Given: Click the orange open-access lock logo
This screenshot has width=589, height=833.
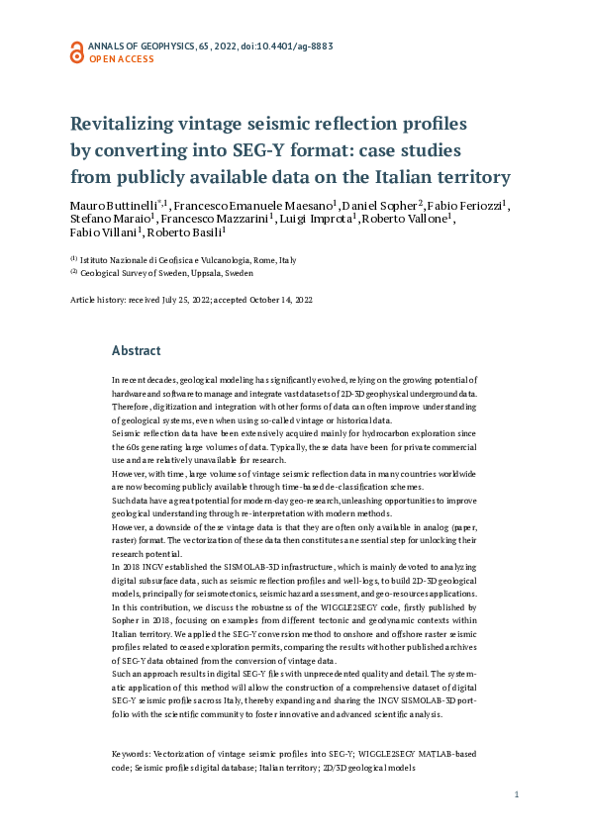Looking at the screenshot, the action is point(76,51).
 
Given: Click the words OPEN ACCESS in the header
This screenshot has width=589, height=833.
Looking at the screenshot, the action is point(122,59).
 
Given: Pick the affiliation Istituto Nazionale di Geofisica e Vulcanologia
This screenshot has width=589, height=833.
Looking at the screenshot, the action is point(174,260).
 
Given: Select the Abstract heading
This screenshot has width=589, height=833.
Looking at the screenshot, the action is point(137,350).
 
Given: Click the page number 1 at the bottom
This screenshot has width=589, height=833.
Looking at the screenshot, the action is point(517,794).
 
